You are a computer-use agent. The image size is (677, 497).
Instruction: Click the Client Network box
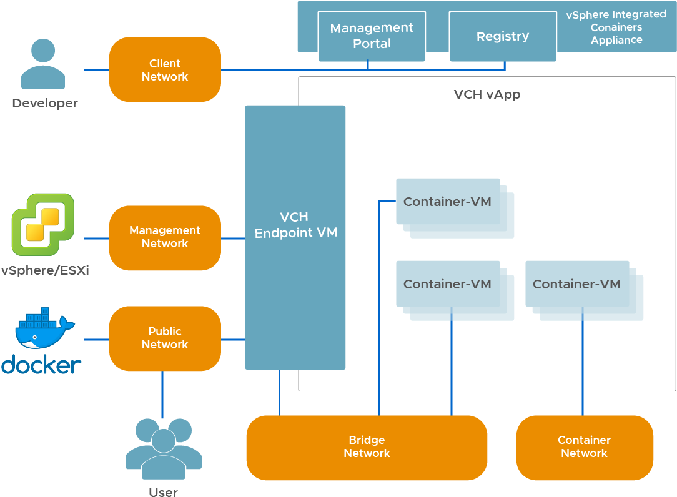tap(165, 69)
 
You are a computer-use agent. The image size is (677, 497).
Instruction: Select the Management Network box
tap(165, 237)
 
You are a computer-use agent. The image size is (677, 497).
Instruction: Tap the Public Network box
tap(165, 338)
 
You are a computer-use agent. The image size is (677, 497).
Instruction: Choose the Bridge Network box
tap(367, 447)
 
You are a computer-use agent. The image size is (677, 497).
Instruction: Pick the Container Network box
tap(585, 447)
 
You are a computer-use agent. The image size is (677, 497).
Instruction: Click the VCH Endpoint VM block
tap(295, 237)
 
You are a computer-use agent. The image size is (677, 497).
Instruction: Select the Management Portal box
tap(372, 36)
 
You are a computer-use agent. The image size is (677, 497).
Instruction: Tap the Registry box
tap(503, 36)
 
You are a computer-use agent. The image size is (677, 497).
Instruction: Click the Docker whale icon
tap(44, 329)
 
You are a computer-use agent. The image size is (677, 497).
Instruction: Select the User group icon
tap(163, 446)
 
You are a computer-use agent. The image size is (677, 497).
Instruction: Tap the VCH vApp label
tap(487, 95)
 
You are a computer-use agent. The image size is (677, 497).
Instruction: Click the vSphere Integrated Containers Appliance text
tap(616, 27)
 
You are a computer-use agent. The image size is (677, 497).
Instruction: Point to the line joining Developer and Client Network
tap(96, 69)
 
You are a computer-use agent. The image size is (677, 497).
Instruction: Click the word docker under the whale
tap(41, 365)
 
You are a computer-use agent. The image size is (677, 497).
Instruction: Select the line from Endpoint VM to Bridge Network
tap(279, 392)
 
